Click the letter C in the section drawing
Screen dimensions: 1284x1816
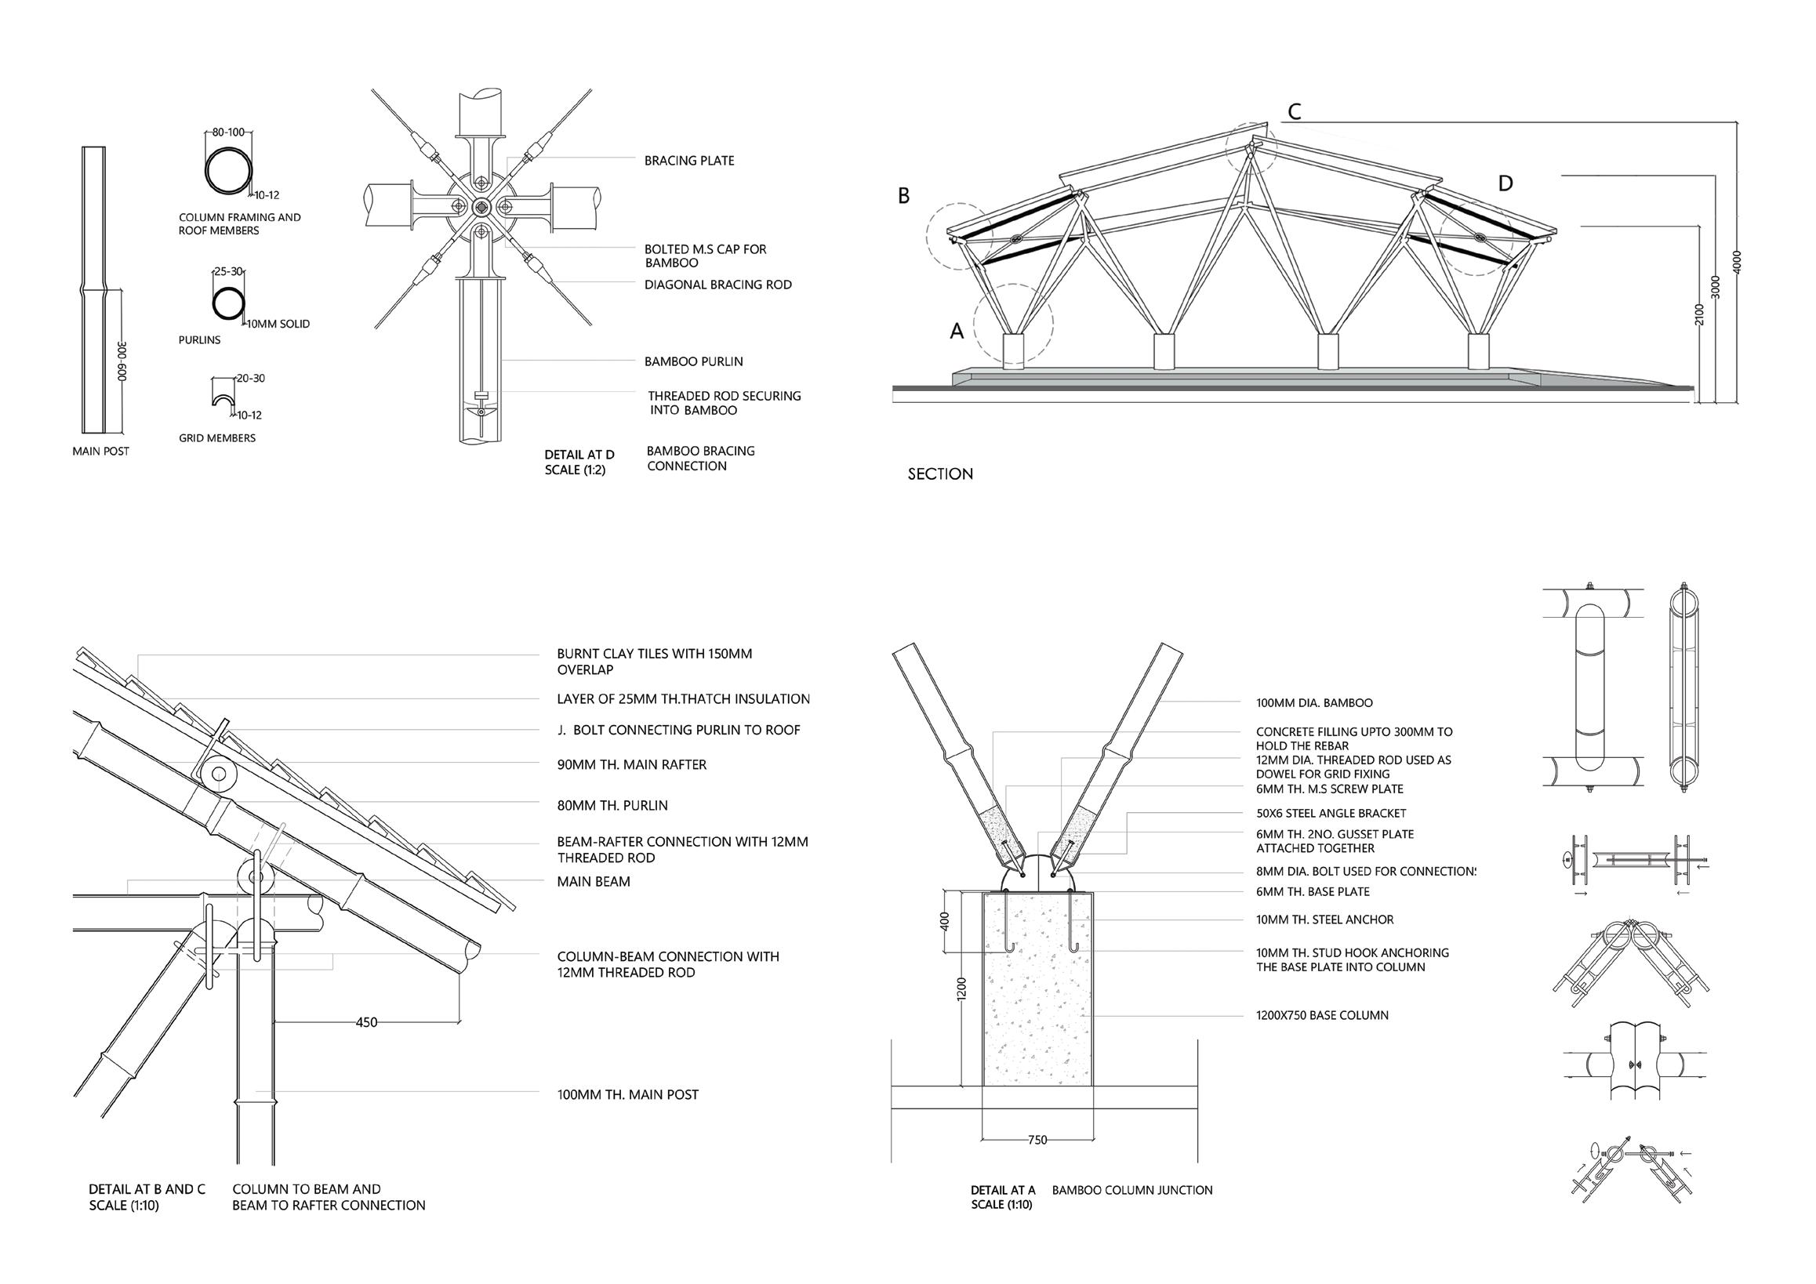coord(1294,112)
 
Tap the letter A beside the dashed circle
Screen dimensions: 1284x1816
coord(957,332)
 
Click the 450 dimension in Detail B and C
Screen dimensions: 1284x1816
coord(366,1022)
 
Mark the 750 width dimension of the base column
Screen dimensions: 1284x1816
coord(1037,1139)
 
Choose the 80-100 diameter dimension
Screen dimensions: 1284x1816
coord(228,132)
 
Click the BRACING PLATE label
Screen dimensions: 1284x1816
coord(689,161)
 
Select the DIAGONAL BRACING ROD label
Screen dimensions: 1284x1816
coord(717,285)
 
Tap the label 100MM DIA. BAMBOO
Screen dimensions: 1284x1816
coord(1313,703)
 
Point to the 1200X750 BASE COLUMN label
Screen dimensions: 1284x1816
coord(1322,1015)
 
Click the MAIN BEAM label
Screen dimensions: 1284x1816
coord(594,882)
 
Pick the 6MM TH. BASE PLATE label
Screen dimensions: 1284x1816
coord(1312,892)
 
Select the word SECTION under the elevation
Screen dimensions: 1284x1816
coord(939,474)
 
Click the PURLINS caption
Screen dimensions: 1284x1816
coord(199,340)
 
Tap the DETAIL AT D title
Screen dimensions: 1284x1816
coord(579,455)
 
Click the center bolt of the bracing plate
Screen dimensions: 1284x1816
coord(481,207)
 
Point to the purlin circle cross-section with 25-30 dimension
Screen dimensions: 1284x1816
coord(229,303)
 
